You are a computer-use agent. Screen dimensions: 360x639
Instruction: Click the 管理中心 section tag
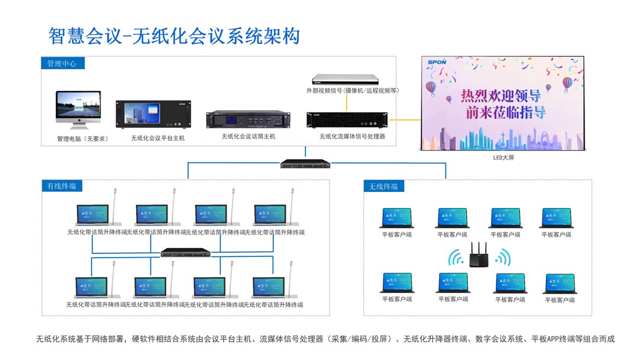pyautogui.click(x=62, y=63)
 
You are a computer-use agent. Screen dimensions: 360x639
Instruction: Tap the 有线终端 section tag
pyautogui.click(x=62, y=186)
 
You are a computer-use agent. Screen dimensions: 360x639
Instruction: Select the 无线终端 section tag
pyautogui.click(x=383, y=187)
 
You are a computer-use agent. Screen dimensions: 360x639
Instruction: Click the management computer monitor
pyautogui.click(x=78, y=107)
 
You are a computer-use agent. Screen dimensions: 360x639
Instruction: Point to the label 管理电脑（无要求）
pyautogui.click(x=82, y=139)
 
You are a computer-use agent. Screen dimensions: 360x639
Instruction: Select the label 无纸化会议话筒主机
pyautogui.click(x=248, y=137)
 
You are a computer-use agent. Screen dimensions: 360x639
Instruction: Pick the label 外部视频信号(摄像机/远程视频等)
pyautogui.click(x=353, y=91)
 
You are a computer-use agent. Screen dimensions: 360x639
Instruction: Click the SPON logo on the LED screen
pyautogui.click(x=436, y=61)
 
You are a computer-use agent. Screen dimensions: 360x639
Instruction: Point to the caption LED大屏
pyautogui.click(x=504, y=158)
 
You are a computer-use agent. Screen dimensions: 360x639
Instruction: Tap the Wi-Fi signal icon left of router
pyautogui.click(x=456, y=258)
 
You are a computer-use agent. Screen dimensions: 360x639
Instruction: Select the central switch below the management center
pyautogui.click(x=305, y=163)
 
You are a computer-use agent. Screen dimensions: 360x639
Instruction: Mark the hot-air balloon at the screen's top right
pyautogui.click(x=567, y=85)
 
